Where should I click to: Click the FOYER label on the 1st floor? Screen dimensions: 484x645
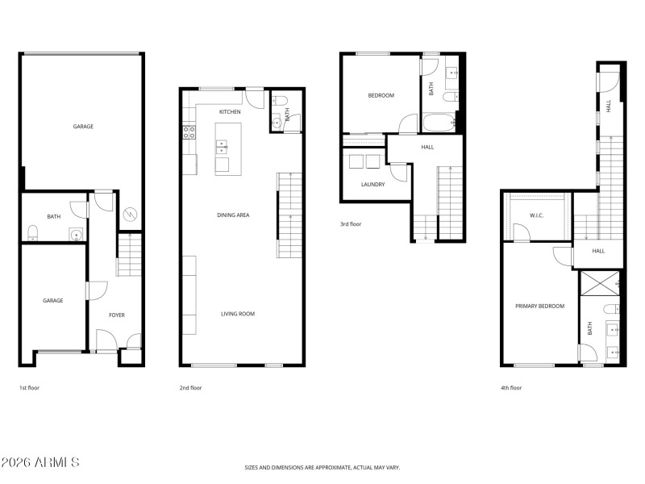(x=117, y=315)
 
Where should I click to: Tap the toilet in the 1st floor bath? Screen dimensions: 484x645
(x=32, y=233)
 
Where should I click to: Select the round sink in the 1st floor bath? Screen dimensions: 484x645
(x=75, y=236)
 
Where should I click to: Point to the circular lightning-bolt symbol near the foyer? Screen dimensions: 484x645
(x=129, y=215)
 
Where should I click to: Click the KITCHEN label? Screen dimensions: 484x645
(x=230, y=111)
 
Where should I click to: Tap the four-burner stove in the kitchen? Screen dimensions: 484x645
(x=189, y=132)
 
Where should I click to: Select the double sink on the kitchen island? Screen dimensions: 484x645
(x=221, y=147)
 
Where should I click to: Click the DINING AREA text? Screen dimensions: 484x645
(x=233, y=215)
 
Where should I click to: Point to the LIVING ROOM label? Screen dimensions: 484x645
(x=238, y=314)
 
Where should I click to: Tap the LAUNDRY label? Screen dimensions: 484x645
(x=372, y=184)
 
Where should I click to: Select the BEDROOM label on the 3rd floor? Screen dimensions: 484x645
(x=381, y=95)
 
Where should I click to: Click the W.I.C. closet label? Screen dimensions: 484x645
(x=538, y=215)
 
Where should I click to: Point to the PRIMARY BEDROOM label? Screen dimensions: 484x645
(x=540, y=306)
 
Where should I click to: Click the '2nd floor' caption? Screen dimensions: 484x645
(x=191, y=388)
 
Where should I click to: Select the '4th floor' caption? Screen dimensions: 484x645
(x=511, y=388)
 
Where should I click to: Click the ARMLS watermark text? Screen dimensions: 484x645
(x=40, y=462)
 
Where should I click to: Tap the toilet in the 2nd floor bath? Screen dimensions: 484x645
(x=278, y=101)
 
